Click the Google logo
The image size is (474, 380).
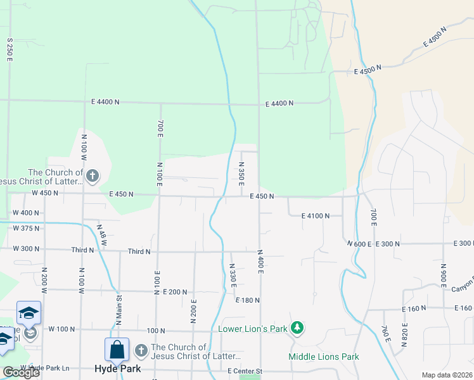point(22,372)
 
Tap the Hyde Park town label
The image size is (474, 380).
point(117,369)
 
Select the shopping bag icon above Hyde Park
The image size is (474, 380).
point(117,349)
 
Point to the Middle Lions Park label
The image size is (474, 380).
point(323,357)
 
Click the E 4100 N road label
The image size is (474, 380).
point(311,216)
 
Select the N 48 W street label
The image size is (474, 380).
point(102,234)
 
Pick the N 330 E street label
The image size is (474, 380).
point(233,275)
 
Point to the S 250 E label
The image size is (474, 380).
point(10,49)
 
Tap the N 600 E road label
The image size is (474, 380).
point(359,244)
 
